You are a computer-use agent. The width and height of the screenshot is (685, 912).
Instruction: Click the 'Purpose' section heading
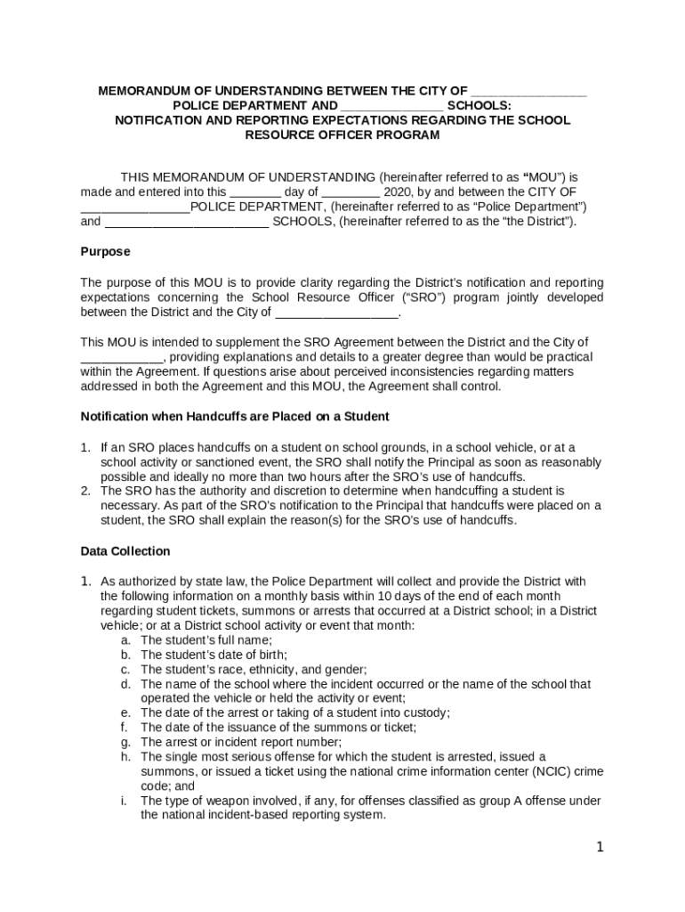[105, 252]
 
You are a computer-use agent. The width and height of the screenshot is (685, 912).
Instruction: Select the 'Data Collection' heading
[125, 551]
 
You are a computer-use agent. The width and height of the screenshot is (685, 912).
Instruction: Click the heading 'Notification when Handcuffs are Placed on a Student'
[235, 417]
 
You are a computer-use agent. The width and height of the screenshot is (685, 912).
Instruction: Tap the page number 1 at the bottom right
[600, 847]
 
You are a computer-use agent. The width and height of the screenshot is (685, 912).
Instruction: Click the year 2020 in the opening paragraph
[397, 191]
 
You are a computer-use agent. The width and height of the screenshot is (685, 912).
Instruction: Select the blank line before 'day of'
[255, 191]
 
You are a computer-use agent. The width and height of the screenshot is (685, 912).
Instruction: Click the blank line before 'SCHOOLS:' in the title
[392, 105]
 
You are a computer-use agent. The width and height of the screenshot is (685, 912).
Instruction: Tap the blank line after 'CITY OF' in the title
[528, 91]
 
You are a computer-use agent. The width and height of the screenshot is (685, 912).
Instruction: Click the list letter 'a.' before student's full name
[127, 640]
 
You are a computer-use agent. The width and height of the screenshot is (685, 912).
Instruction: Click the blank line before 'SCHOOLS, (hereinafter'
[186, 222]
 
